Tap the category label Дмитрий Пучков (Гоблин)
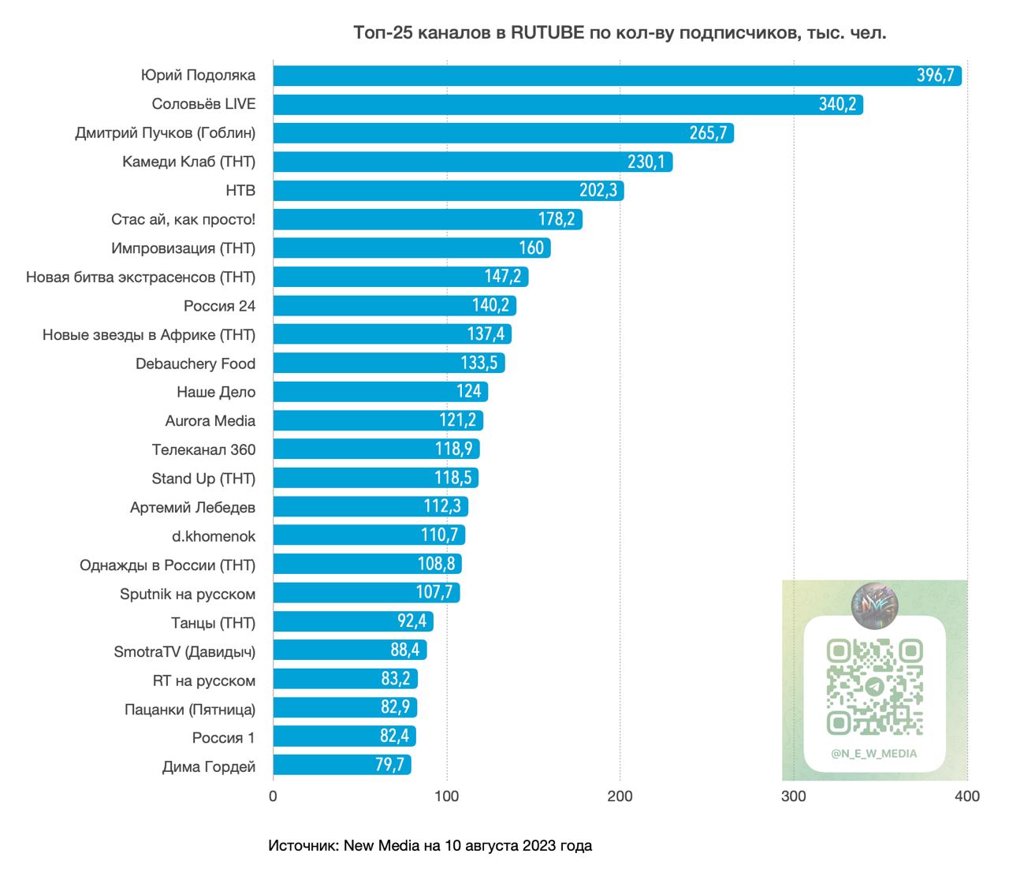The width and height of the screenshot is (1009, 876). coord(166,132)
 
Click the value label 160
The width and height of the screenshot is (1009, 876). coord(531,248)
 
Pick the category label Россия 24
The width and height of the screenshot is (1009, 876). coord(220,306)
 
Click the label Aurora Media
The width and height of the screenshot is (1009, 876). coord(210,421)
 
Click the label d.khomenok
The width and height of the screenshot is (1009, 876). coord(214,536)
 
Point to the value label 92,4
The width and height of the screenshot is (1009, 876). coord(411,621)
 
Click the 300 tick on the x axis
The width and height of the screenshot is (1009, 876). coord(793,796)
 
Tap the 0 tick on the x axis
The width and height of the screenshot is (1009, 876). coord(274,796)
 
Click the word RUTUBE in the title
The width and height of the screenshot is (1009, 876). coord(547,33)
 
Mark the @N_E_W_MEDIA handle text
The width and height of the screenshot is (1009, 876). coord(874,754)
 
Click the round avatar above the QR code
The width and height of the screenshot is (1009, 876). coord(875,606)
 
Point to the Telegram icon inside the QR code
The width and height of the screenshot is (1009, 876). coord(874,687)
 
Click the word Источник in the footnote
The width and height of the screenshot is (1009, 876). coord(303,846)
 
